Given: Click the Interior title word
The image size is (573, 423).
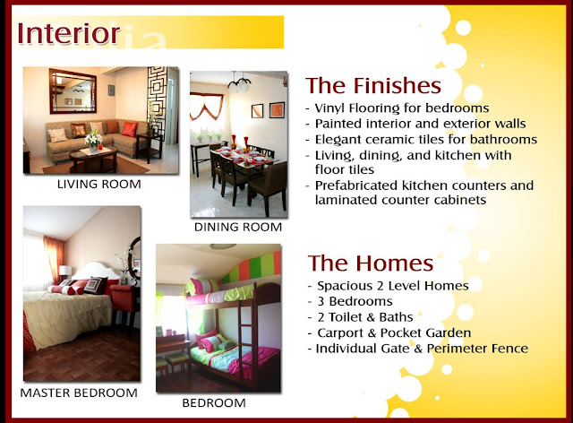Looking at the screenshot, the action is pyautogui.click(x=69, y=33).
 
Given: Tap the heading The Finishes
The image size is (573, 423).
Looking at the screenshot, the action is pyautogui.click(x=373, y=85).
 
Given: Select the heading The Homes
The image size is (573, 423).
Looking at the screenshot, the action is pyautogui.click(x=371, y=263).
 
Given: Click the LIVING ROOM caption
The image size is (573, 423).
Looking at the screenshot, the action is pyautogui.click(x=99, y=184).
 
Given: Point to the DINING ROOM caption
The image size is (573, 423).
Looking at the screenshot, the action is pyautogui.click(x=238, y=227).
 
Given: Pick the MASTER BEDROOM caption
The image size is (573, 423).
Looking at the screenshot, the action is pyautogui.click(x=79, y=393).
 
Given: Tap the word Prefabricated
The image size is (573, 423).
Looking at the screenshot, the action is pyautogui.click(x=356, y=186).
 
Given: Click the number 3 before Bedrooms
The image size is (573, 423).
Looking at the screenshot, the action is pyautogui.click(x=321, y=301).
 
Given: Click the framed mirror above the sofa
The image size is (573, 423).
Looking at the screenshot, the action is pyautogui.click(x=73, y=91).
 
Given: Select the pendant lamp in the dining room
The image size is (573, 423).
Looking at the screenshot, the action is pyautogui.click(x=239, y=83).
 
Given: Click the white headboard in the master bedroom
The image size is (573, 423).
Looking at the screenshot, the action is pyautogui.click(x=96, y=271).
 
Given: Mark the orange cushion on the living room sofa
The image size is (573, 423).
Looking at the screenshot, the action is pyautogui.click(x=129, y=129).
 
